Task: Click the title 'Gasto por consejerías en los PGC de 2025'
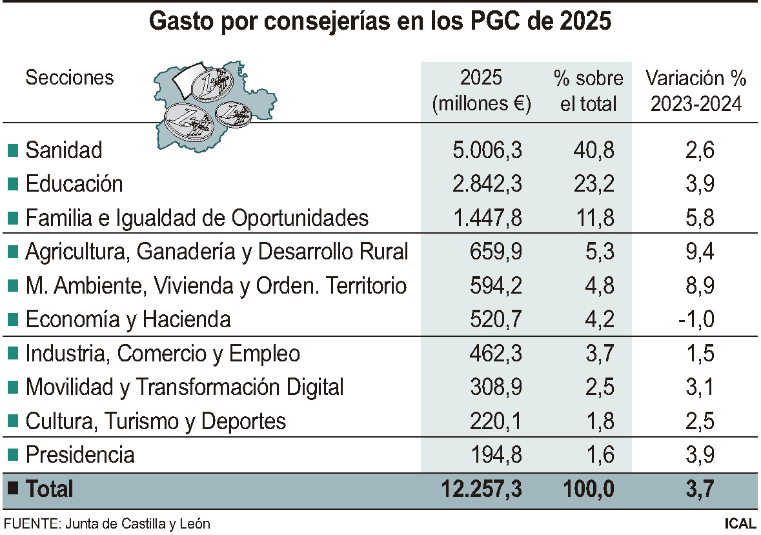(x=380, y=21)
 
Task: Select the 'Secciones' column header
(x=69, y=78)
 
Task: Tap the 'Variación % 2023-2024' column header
(x=696, y=91)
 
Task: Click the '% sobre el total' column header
(x=589, y=91)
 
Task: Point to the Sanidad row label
(x=64, y=150)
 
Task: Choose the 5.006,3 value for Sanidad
(x=487, y=150)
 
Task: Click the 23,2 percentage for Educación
(x=594, y=184)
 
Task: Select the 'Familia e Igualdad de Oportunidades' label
(x=197, y=217)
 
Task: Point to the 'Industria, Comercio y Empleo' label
(x=163, y=354)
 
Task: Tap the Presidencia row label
(x=80, y=454)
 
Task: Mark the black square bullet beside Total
(x=12, y=489)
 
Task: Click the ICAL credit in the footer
(x=740, y=523)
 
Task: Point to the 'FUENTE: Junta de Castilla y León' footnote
(x=107, y=523)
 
